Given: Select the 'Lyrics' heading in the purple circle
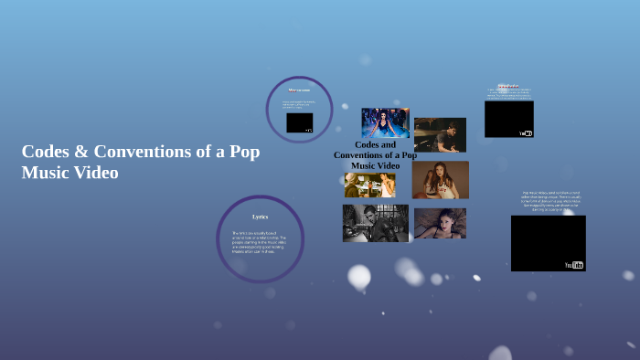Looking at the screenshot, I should click(x=261, y=217).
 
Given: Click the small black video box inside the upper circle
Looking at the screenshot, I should click(x=299, y=122).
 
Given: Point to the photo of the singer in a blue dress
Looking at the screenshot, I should click(x=385, y=122).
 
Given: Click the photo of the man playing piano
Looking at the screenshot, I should click(x=440, y=134).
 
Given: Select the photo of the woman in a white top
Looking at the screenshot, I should click(x=440, y=180).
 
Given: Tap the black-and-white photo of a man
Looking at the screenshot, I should click(x=375, y=223).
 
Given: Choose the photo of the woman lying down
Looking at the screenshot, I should click(x=440, y=223).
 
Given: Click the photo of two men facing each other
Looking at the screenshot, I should click(x=369, y=185).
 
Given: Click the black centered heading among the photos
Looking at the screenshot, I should click(x=375, y=155).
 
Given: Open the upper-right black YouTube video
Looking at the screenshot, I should click(x=508, y=118).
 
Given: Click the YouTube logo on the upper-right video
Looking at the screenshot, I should click(x=526, y=133).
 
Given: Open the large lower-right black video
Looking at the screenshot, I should click(x=548, y=242).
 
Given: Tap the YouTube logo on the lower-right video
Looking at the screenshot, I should click(x=574, y=265).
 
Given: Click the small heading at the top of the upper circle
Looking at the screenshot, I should click(x=299, y=90).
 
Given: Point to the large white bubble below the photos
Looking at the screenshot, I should click(x=359, y=276).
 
